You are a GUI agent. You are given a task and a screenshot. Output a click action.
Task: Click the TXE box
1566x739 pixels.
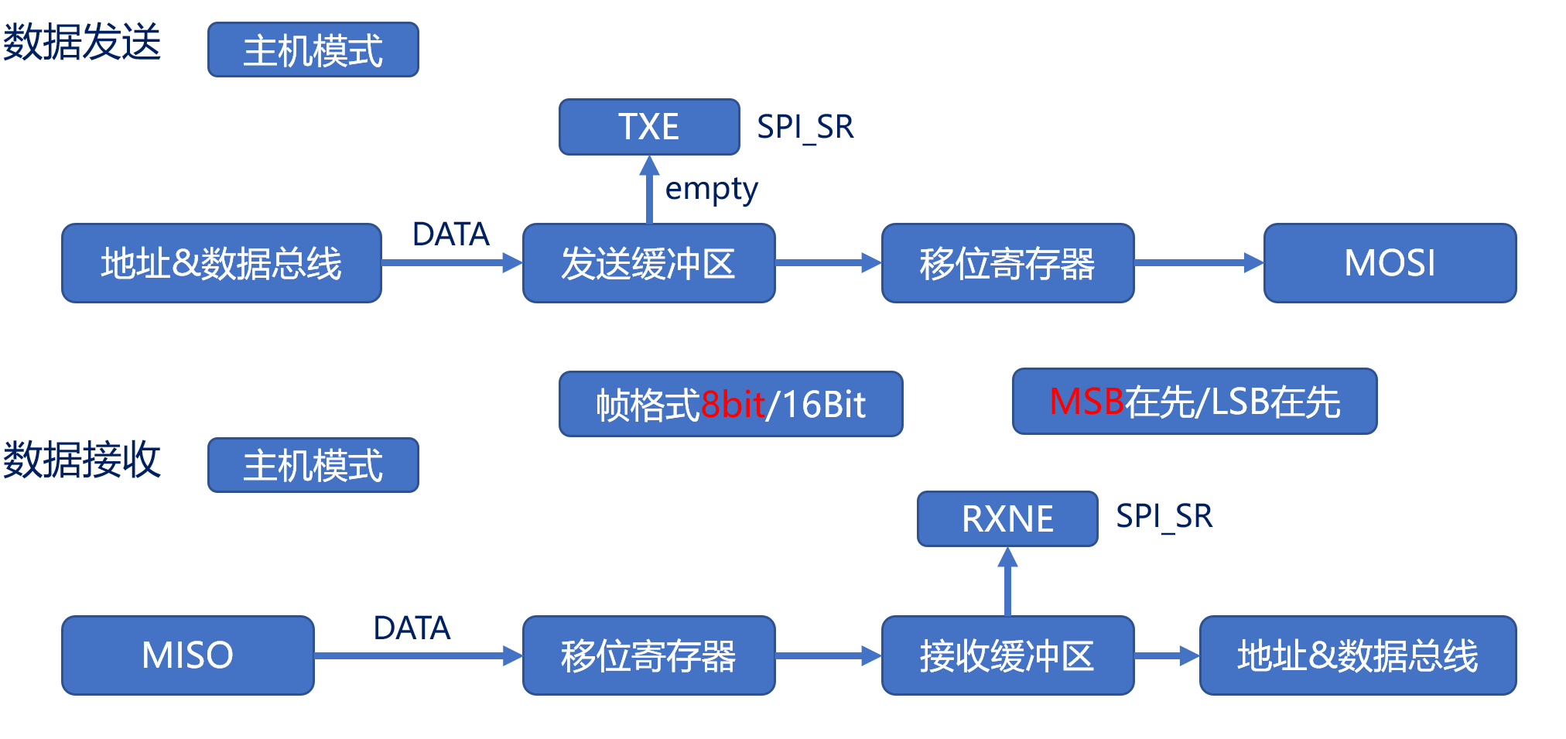click(649, 127)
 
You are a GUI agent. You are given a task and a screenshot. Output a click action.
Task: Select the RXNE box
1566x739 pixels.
click(1007, 518)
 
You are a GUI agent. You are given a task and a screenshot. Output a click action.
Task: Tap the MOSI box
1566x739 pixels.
click(1390, 263)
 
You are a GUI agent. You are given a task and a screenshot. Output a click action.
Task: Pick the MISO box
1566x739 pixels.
click(188, 655)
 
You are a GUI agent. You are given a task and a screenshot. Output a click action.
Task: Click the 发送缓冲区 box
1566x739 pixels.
click(648, 263)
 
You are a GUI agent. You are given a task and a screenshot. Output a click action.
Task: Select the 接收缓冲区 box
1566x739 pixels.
click(1007, 655)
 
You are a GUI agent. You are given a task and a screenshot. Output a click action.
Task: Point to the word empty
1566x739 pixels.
click(711, 189)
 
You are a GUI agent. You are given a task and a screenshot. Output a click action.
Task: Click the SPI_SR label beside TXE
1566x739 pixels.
click(805, 127)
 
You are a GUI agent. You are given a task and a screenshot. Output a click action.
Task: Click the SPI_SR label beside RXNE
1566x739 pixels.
click(1164, 516)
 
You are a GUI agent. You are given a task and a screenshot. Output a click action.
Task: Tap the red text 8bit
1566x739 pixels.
click(732, 405)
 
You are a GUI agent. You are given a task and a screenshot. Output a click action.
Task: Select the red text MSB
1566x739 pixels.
click(1086, 402)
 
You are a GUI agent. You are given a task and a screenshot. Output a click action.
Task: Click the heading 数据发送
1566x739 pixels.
click(81, 42)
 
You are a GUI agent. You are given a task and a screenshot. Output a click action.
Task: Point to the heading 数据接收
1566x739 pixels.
click(81, 460)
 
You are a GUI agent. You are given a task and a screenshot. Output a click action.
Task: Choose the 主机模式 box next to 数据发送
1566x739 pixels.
click(313, 50)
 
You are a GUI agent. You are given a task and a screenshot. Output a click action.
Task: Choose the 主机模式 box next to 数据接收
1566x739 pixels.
click(313, 465)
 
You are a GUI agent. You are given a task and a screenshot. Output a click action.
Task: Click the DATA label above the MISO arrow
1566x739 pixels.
click(412, 628)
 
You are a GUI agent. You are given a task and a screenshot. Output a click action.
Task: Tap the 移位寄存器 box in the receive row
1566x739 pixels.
click(648, 655)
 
